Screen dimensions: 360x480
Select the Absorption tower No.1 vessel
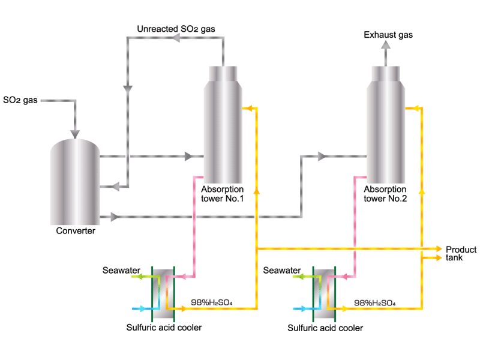(223, 126)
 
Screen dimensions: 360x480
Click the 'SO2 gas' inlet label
(20, 100)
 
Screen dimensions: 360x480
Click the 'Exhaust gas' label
(388, 35)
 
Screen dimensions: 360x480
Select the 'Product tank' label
(461, 254)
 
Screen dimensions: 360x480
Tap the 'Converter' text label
(76, 231)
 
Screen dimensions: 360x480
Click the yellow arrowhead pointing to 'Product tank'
(439, 248)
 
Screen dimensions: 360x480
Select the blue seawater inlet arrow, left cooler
(137, 309)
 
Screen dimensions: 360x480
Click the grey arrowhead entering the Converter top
(75, 134)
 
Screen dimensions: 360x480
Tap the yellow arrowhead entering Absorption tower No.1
(246, 109)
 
